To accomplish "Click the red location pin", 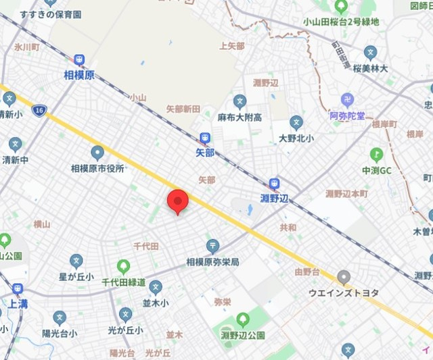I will [x=177, y=201].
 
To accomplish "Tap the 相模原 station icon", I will [x=79, y=61].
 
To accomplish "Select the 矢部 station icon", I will [x=206, y=138].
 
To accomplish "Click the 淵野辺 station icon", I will [x=275, y=183].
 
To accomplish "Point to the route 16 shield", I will [x=42, y=109].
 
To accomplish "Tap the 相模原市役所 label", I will [x=97, y=168].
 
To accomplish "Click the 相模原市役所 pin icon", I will [x=97, y=153].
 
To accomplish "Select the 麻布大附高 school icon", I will [x=240, y=101].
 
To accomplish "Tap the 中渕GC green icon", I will [x=376, y=155].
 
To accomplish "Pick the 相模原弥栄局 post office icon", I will [x=212, y=245].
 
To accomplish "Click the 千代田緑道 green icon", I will [x=123, y=266].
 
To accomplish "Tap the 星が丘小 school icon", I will [x=76, y=260].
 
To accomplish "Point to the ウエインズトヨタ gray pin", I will [x=344, y=277].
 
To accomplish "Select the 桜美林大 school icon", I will [x=370, y=53].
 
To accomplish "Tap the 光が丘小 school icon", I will [x=125, y=315].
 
